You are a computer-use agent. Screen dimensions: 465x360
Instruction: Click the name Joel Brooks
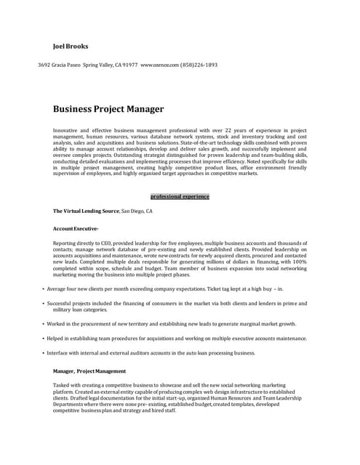pos(71,46)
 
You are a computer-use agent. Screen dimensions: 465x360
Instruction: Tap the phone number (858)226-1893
pos(199,65)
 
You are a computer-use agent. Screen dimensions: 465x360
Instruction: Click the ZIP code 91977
pos(130,65)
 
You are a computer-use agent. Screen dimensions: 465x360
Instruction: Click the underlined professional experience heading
pos(180,196)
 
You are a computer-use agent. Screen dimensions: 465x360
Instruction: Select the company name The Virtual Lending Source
pos(86,211)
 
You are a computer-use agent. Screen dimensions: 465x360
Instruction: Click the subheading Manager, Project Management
pos(89,371)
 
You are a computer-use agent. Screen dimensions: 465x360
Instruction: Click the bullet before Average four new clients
pos(44,288)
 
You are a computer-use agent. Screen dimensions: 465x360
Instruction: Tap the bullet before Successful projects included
pos(44,304)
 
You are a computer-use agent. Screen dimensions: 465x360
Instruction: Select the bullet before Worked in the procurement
pos(44,324)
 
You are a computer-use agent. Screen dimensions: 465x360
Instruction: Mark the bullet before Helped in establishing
pos(44,339)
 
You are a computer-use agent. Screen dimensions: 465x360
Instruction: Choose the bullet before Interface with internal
pos(44,353)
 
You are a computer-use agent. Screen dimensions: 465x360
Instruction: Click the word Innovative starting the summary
pos(66,130)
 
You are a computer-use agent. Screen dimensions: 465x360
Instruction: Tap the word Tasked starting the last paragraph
pos(62,385)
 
